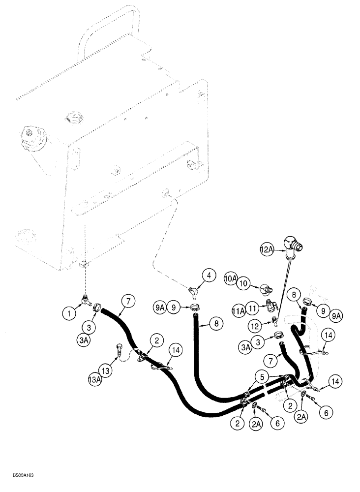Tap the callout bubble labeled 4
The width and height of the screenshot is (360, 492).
[x=209, y=277]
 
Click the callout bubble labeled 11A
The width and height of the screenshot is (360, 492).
[x=239, y=310]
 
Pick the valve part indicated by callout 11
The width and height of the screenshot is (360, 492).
[x=272, y=306]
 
